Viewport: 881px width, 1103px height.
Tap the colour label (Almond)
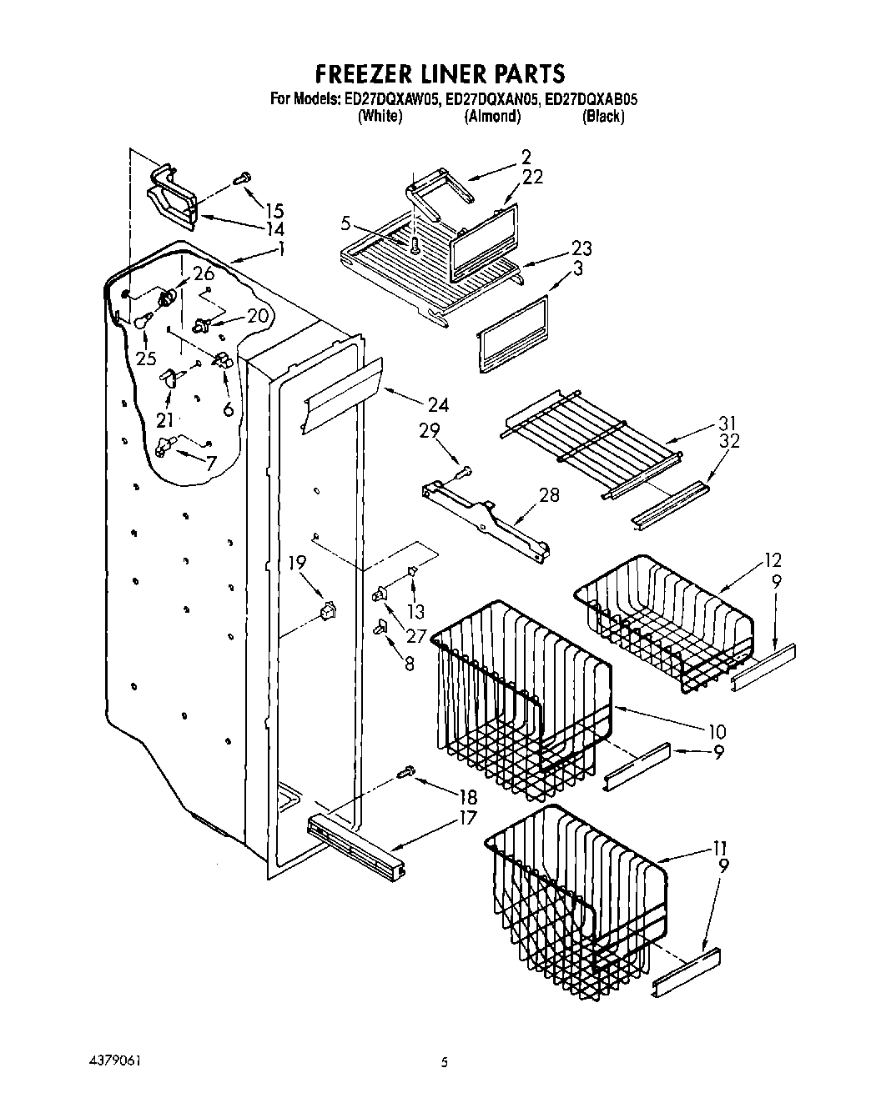point(492,117)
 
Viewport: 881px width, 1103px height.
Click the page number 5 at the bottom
point(445,1063)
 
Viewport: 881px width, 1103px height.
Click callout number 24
point(437,405)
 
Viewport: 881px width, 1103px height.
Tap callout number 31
point(727,424)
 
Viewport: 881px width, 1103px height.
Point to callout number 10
point(716,732)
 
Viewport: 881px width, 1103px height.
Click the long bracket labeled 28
point(485,518)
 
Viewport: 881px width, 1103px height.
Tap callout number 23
point(581,248)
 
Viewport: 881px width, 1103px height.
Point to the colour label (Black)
point(603,117)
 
